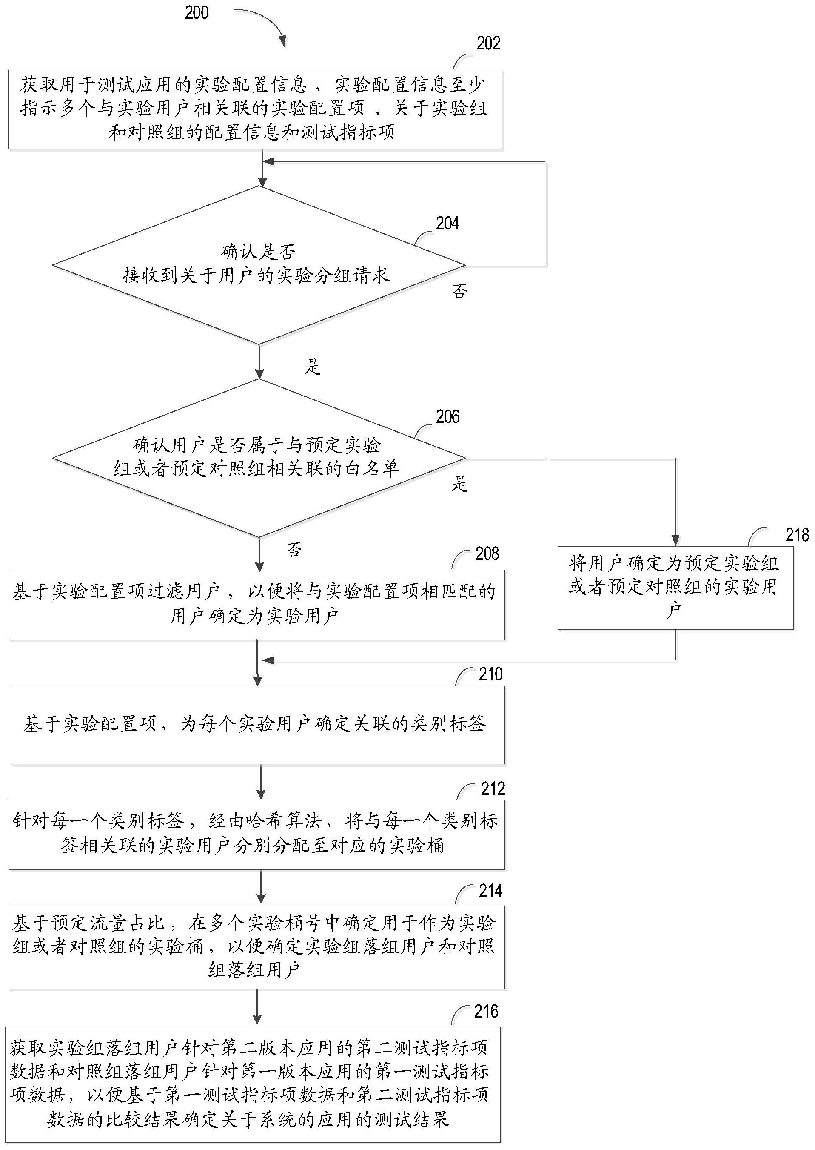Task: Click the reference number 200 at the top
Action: pos(197,12)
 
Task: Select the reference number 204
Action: pos(447,224)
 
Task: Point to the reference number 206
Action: pos(447,417)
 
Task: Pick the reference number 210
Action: pos(490,674)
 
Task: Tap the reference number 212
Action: pos(493,789)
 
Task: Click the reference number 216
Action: pos(486,1011)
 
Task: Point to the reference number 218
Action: pos(797,535)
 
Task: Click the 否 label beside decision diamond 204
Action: pos(459,291)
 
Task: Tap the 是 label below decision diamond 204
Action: pos(312,367)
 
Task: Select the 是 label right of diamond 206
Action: pos(460,484)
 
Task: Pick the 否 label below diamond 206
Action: pos(294,550)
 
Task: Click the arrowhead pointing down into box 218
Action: pos(675,541)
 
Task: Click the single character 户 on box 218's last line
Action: pos(673,611)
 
